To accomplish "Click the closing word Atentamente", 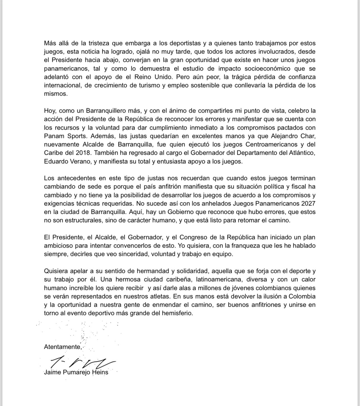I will pyautogui.click(x=63, y=347).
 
